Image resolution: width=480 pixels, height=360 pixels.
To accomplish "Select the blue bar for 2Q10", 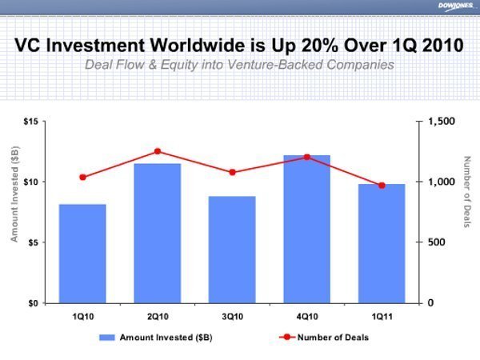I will point(157,233).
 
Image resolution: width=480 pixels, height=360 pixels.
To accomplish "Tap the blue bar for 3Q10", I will point(232,249).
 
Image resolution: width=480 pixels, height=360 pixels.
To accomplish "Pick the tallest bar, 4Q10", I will point(307,228).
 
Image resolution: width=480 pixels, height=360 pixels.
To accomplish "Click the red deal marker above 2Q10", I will point(158,151).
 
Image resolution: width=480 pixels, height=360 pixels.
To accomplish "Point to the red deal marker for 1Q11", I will point(382,186).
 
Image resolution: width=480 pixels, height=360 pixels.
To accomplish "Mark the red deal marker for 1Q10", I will point(82,177).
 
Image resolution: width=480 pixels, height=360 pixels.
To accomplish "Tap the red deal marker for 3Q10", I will point(232,172).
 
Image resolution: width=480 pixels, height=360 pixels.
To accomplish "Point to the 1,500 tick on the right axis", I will point(441,122).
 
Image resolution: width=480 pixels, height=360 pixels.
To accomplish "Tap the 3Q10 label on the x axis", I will point(232,316).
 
